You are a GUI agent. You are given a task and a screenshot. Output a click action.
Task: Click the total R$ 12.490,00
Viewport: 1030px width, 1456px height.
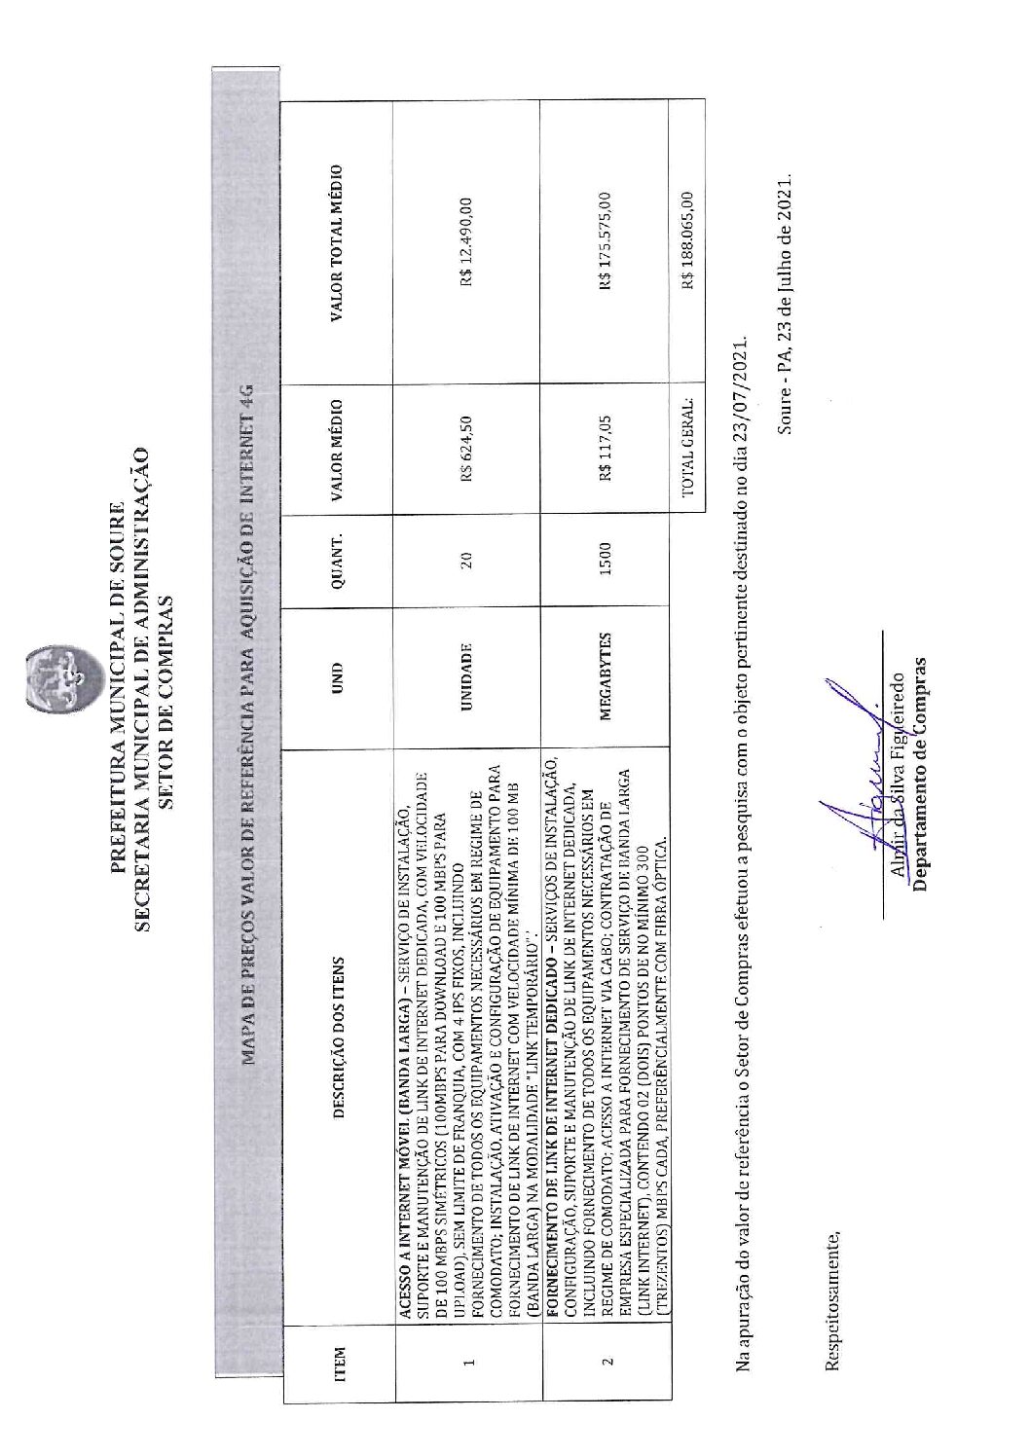pos(467,244)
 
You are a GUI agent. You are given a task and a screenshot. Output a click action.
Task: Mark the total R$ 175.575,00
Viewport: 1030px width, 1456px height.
pos(605,244)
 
